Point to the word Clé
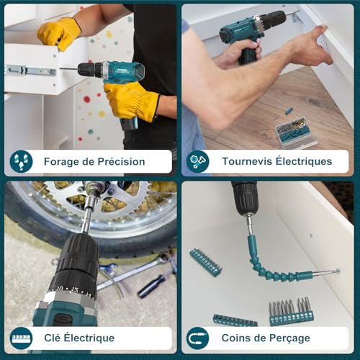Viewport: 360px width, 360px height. [x=52, y=338]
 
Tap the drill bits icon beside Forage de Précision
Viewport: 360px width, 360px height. [x=21, y=161]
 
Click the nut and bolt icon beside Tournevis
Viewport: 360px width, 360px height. [x=198, y=161]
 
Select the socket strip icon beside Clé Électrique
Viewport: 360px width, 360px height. [x=21, y=338]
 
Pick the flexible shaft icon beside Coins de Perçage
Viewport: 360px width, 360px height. [x=198, y=338]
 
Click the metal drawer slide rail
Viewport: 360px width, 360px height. [x=30, y=71]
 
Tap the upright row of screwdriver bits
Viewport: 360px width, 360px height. [x=292, y=312]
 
